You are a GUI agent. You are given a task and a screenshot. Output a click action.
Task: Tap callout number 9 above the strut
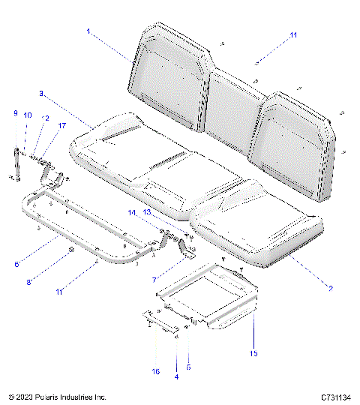click(x=15, y=113)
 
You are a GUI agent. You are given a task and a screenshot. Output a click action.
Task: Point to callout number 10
click(x=28, y=115)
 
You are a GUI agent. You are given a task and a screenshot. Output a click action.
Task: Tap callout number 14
click(x=131, y=213)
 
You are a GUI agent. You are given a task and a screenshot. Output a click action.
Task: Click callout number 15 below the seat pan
click(x=253, y=352)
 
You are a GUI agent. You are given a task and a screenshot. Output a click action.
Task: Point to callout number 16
click(x=156, y=370)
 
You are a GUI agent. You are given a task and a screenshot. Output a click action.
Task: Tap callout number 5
click(x=188, y=367)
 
